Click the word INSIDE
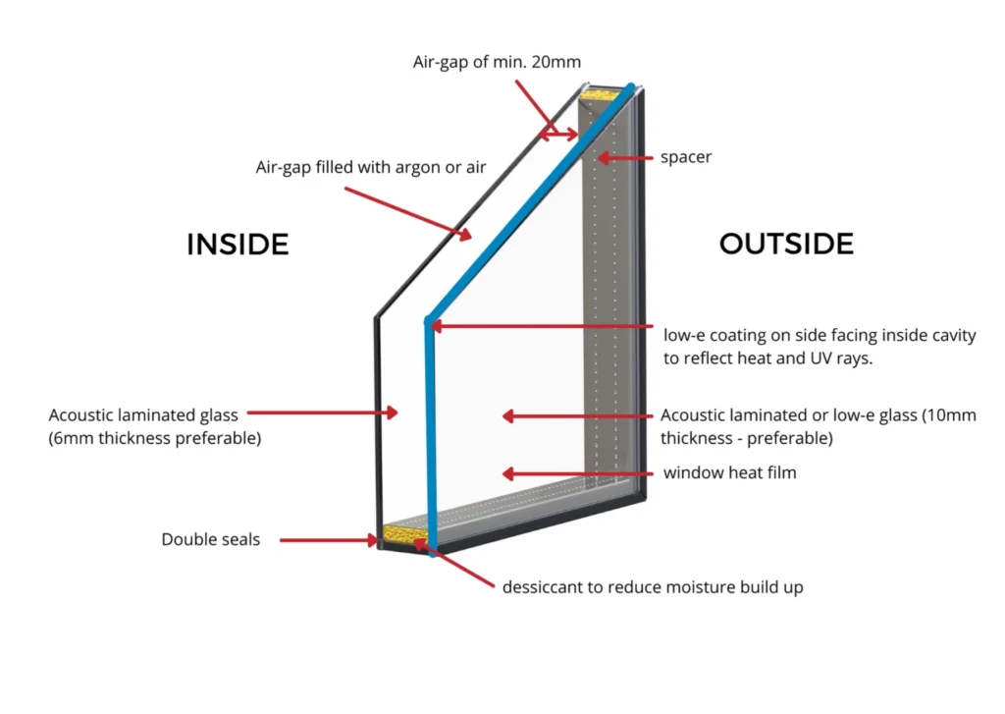[x=238, y=244]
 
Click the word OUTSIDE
[x=786, y=243]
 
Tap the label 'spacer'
[x=686, y=157]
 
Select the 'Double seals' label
[x=211, y=539]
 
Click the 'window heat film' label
[x=729, y=473]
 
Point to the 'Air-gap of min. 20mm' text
[x=497, y=62]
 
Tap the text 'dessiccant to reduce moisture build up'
[x=653, y=587]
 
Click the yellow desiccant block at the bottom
[x=403, y=535]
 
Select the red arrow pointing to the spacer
[x=624, y=157]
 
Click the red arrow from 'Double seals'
[x=329, y=539]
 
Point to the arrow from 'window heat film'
[x=578, y=473]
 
